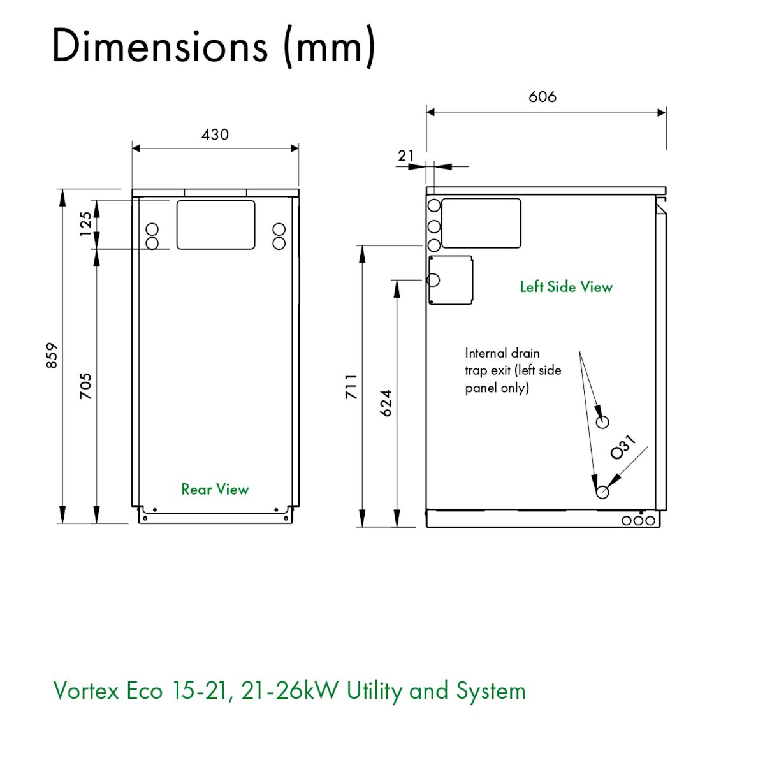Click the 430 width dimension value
click(x=215, y=135)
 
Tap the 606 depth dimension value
click(x=543, y=97)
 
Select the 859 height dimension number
click(x=52, y=355)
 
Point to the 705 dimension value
click(x=85, y=386)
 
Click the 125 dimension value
click(x=85, y=224)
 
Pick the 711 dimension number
click(x=351, y=386)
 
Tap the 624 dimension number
click(x=386, y=403)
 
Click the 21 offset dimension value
click(x=406, y=156)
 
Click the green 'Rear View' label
click(x=215, y=489)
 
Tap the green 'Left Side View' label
click(x=566, y=287)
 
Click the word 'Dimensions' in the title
click(x=159, y=46)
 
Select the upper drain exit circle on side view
click(x=602, y=421)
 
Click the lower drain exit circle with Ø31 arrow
click(x=602, y=492)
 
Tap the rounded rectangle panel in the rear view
click(x=215, y=224)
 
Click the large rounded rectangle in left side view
click(x=481, y=223)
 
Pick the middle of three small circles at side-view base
click(x=638, y=521)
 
